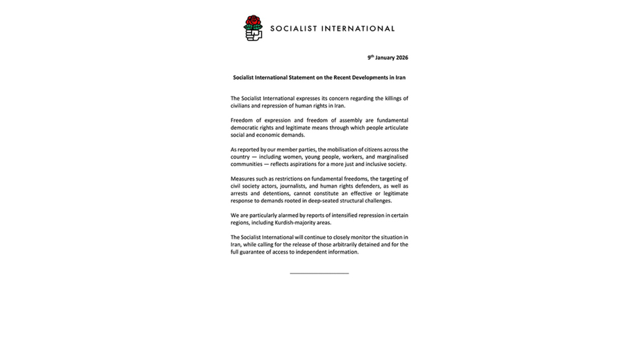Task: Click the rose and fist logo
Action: [x=253, y=28]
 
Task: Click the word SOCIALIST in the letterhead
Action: [x=295, y=29]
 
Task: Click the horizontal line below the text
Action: [x=319, y=273]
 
